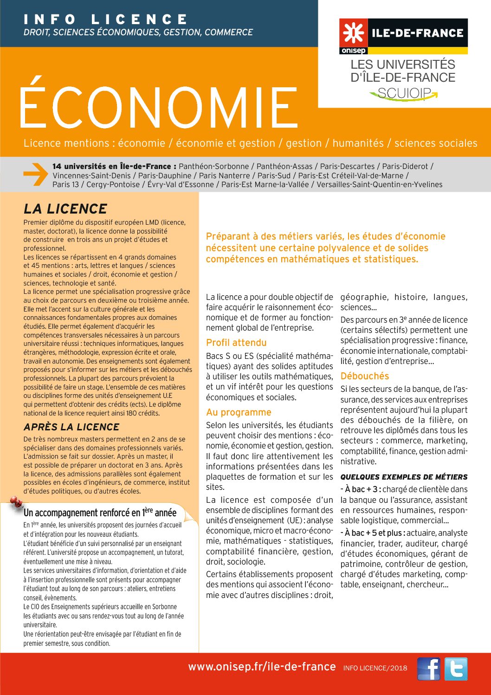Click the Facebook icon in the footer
[x=428, y=669]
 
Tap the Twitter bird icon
[x=456, y=669]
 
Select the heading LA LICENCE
[x=65, y=209]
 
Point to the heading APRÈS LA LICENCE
[x=71, y=427]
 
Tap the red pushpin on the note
[x=17, y=502]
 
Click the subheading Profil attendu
[x=236, y=343]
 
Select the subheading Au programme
[x=239, y=412]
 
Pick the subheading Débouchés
[x=365, y=376]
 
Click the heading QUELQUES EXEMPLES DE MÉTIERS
[x=404, y=477]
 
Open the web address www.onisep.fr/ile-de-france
[x=262, y=667]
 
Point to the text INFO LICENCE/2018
[x=375, y=668]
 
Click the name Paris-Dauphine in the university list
[x=165, y=175]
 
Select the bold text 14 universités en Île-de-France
[x=114, y=166]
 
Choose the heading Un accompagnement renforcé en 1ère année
[x=100, y=513]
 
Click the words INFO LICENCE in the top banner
[x=106, y=19]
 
